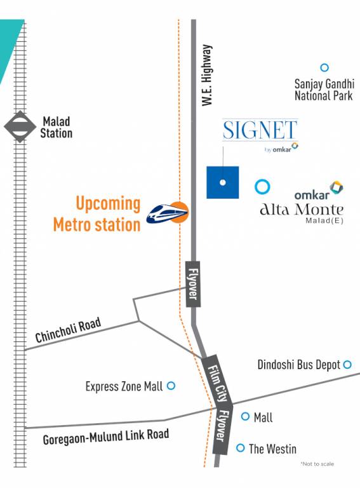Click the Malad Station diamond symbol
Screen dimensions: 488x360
[x=20, y=126]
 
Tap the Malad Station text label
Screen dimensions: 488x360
[x=57, y=127]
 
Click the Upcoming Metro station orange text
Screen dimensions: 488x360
[x=97, y=214]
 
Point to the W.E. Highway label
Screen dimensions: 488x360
[x=207, y=74]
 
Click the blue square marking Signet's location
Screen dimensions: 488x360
[x=222, y=182]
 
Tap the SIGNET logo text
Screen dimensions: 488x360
[x=260, y=130]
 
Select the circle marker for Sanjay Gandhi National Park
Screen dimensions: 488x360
[x=324, y=67]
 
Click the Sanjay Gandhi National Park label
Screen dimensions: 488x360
[x=323, y=90]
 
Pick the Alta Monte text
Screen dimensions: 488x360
[x=302, y=210]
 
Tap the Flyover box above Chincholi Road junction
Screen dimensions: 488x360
[x=193, y=284]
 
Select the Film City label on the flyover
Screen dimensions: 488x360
[x=215, y=377]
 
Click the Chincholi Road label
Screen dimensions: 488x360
[x=68, y=331]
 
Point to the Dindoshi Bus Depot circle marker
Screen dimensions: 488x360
[x=347, y=365]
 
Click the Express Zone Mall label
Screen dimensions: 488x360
[x=124, y=386]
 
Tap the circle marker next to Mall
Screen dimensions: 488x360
[x=246, y=417]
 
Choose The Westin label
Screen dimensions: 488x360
[x=272, y=449]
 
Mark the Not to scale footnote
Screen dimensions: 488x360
[x=317, y=464]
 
